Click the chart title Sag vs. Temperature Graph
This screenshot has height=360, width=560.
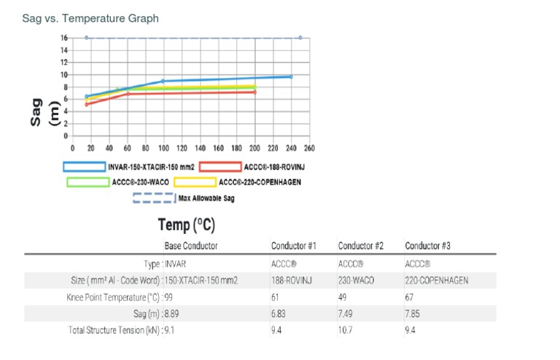coord(91,17)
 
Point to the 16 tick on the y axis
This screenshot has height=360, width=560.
coord(64,38)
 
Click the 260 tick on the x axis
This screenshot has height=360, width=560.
coord(309,148)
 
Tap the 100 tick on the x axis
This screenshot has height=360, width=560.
coord(163,148)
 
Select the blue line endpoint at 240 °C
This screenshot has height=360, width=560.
coord(291,77)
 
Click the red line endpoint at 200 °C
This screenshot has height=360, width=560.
coord(254,92)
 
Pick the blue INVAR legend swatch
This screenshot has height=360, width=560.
coord(84,167)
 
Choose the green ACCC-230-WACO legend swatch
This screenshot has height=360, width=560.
coord(88,182)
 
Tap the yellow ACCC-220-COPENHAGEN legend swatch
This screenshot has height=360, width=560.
coord(194,182)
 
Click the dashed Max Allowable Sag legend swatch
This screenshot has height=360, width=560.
coord(154,197)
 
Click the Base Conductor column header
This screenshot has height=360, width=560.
coord(190,246)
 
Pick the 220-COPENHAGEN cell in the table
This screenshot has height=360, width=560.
coord(436,280)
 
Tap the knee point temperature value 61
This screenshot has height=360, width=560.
coord(275,297)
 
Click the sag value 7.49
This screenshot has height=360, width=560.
coord(346,314)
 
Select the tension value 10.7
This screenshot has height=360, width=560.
coord(346,332)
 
